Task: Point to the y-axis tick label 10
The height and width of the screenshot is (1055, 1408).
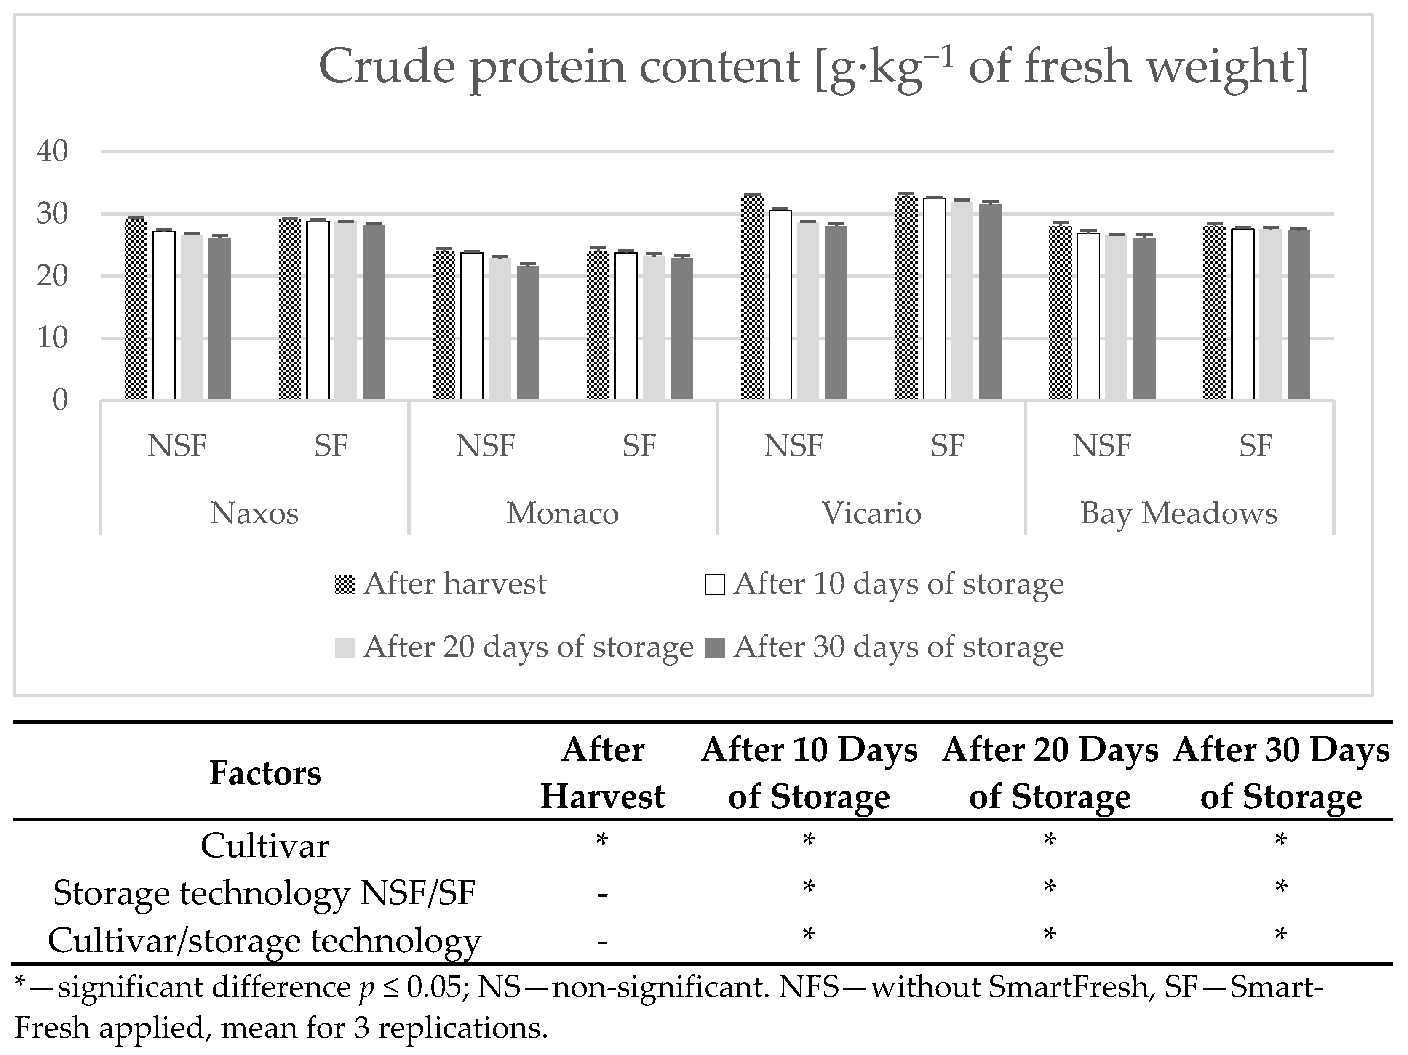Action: point(52,338)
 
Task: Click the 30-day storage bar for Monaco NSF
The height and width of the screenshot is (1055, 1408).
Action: point(528,333)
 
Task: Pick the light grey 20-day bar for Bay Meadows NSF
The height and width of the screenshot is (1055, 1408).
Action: point(1116,317)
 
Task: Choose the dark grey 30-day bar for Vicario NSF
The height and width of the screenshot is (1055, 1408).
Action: point(836,312)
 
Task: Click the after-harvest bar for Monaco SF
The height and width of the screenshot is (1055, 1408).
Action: point(598,325)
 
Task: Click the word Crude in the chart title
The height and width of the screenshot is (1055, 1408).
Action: point(386,66)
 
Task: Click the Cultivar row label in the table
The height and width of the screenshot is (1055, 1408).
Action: point(265,846)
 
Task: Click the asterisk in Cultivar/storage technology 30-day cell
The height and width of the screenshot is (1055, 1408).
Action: point(1281,935)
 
